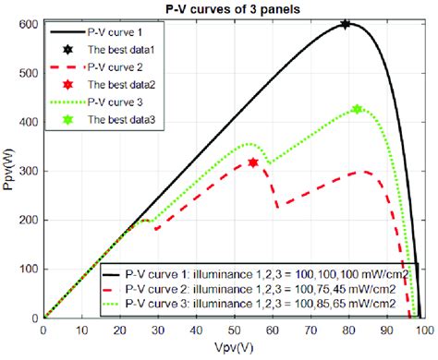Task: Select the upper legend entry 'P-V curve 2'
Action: coord(117,67)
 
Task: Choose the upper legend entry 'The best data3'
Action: coord(124,120)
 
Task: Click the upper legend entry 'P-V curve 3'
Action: coord(117,102)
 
